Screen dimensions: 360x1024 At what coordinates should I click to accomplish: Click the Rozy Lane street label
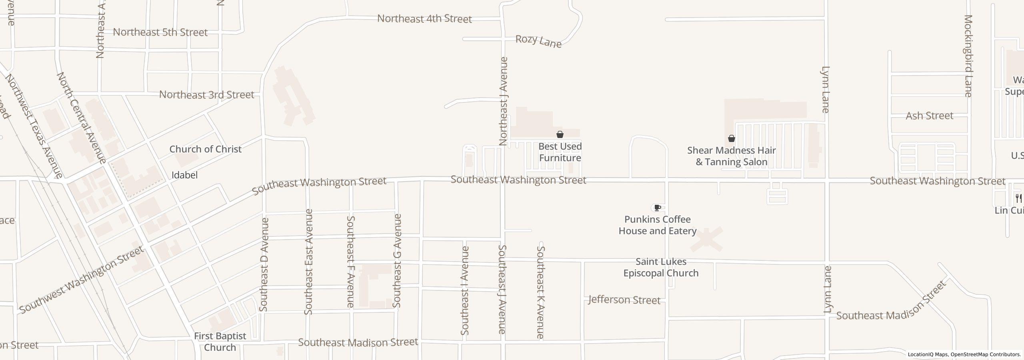click(538, 41)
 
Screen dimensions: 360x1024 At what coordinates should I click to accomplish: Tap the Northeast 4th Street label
click(424, 19)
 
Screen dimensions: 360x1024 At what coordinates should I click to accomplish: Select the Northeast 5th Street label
click(160, 32)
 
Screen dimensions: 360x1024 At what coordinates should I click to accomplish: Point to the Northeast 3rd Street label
click(206, 95)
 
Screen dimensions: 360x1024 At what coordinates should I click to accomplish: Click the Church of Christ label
click(205, 149)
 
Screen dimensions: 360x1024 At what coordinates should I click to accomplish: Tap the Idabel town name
click(184, 175)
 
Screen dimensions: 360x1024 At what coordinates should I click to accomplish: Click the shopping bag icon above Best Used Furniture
click(560, 134)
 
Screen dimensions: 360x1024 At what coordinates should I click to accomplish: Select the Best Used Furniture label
click(560, 152)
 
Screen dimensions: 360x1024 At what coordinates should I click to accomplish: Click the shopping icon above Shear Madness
click(732, 138)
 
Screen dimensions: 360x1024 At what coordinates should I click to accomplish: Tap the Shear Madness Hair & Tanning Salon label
click(732, 156)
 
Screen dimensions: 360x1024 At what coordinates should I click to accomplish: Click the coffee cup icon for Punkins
click(657, 208)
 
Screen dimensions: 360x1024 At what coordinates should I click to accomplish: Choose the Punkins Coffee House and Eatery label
click(658, 225)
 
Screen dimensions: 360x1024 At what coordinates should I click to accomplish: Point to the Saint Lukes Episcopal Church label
click(661, 267)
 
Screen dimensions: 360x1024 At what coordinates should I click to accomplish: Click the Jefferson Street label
click(624, 300)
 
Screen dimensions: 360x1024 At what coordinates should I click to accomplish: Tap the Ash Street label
click(929, 116)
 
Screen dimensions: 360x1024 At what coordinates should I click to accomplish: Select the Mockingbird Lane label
click(968, 56)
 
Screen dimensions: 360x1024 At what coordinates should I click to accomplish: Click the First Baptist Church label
click(220, 342)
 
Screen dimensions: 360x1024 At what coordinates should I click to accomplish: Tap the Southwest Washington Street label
click(81, 280)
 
